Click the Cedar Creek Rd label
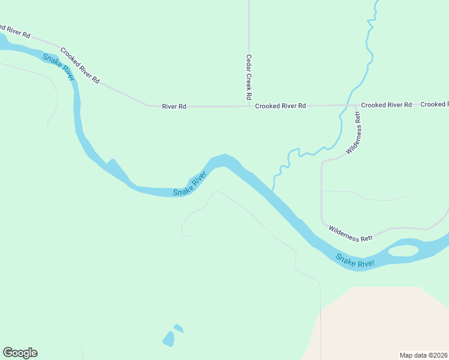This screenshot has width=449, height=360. pos(249,77)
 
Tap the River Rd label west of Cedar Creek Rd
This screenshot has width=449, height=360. pos(174,106)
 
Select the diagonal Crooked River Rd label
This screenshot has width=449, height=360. pos(80,65)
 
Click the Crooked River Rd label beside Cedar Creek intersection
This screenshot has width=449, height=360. pos(280,106)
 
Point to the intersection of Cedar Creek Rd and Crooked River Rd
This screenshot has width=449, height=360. pos(249,106)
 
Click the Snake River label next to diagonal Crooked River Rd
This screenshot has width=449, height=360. pos(58,67)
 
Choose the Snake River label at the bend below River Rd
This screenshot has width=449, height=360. pos(190,184)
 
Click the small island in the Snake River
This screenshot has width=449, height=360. pos(403,251)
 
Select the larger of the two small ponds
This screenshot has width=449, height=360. pos(169,339)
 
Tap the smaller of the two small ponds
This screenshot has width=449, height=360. pos(178,328)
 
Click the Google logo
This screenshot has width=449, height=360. pos(20,353)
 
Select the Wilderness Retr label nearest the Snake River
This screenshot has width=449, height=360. pos(351,233)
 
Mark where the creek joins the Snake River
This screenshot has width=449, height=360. pos(273,191)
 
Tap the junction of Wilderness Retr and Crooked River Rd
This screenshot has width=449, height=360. pos(358,106)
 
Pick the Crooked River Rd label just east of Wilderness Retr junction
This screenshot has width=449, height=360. pos(386,105)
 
